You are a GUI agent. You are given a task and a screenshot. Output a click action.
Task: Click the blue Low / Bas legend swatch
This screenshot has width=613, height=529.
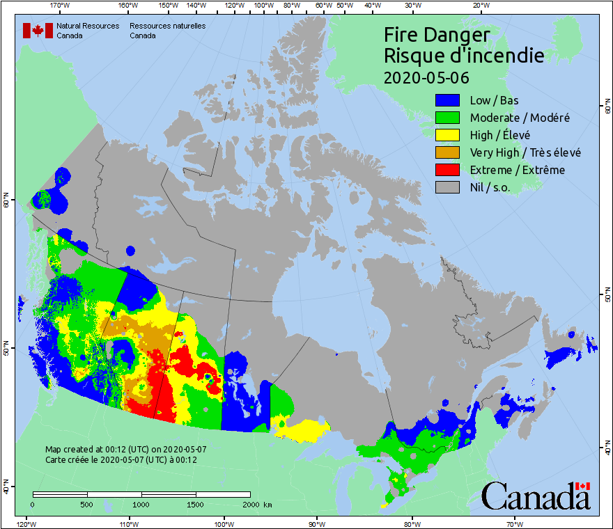[x=448, y=100]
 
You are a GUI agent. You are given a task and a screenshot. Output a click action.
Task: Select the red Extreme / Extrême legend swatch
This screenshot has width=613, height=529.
[x=448, y=170]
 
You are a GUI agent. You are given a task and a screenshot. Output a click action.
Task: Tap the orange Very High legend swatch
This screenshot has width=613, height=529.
[x=448, y=152]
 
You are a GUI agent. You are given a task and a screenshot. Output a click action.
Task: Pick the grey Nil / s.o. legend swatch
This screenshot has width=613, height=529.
[x=448, y=187]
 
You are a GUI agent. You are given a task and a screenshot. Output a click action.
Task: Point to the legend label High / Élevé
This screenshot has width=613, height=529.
[x=499, y=135]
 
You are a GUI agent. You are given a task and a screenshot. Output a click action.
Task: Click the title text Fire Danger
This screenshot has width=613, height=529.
[x=437, y=35]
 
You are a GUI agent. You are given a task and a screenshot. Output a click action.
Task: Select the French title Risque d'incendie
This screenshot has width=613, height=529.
[x=464, y=56]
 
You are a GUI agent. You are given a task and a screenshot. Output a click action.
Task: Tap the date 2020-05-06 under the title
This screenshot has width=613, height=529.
[x=426, y=77]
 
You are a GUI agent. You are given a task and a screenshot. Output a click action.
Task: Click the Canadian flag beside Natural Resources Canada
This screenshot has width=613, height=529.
[x=38, y=31]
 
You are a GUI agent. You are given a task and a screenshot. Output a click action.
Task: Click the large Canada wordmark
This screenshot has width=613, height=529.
[x=536, y=497]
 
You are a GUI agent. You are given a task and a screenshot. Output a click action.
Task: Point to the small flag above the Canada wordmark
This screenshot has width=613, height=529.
[x=582, y=486]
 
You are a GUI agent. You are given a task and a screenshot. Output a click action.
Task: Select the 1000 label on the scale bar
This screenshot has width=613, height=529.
[x=141, y=505]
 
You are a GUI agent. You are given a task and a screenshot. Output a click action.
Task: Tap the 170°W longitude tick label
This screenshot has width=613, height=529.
[x=60, y=6]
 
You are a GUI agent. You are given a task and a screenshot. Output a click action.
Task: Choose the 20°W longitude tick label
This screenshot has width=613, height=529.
[x=479, y=6]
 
